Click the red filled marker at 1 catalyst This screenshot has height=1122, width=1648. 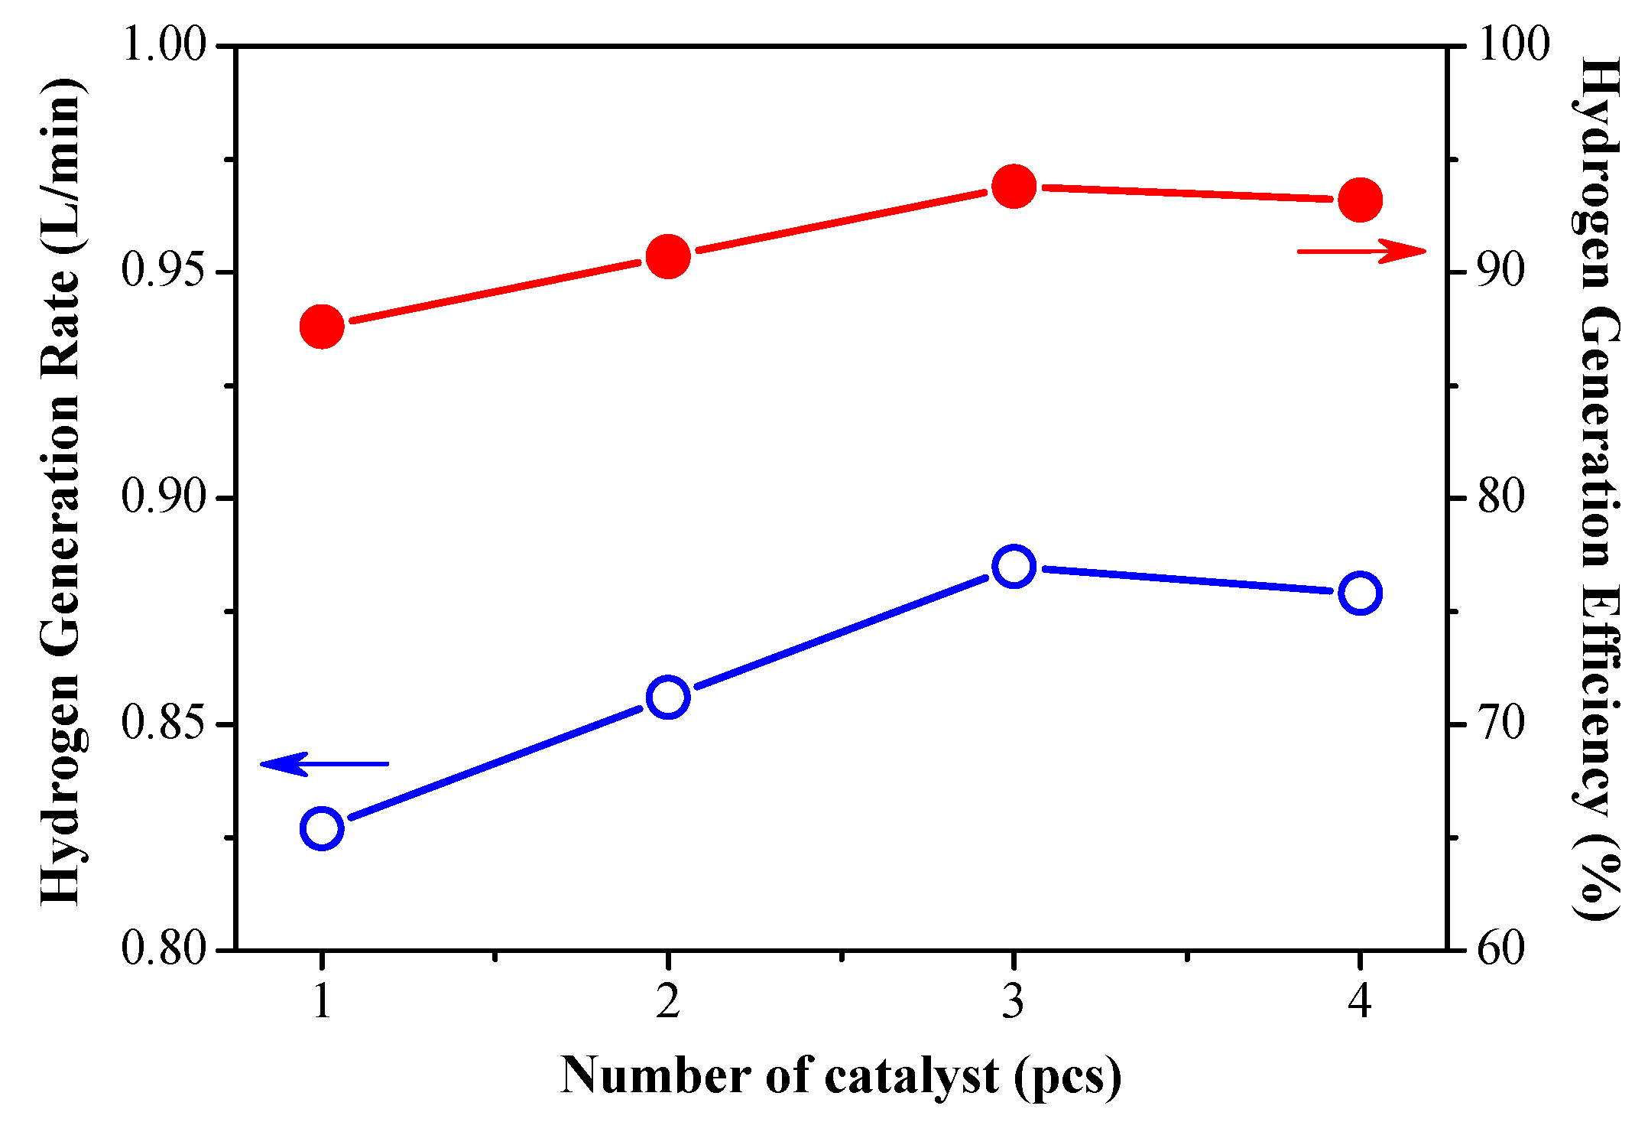coord(322,327)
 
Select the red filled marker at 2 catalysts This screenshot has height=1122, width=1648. coord(668,256)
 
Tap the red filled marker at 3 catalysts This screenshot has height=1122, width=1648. coord(1014,186)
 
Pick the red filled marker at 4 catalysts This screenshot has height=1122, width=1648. coord(1360,200)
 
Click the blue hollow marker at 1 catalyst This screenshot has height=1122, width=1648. coord(322,828)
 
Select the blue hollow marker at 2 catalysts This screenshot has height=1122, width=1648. coord(668,697)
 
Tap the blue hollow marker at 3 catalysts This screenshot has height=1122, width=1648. coord(1014,567)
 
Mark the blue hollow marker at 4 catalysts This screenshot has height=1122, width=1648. coord(1360,593)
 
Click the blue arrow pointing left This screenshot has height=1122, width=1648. coord(324,763)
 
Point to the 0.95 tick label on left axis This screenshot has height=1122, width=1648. coord(164,272)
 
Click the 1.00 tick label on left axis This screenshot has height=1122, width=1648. coord(164,46)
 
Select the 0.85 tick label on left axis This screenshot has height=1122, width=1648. coord(164,724)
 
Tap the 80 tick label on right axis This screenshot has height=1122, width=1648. coord(1501,498)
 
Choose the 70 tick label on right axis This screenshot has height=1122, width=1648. coord(1501,724)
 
